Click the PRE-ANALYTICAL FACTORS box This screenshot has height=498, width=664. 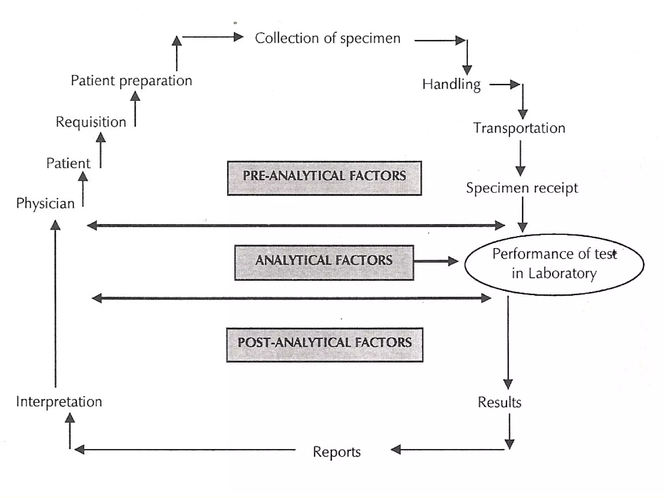[x=324, y=178]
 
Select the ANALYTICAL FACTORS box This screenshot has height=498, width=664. [x=324, y=262]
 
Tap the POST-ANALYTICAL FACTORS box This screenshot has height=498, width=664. [x=325, y=345]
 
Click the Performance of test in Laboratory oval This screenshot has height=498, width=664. [x=554, y=264]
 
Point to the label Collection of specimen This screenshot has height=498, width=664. [x=327, y=39]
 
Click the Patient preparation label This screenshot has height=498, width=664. [x=131, y=81]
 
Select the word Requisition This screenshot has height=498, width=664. [x=91, y=122]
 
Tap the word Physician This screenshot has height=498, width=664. [x=45, y=203]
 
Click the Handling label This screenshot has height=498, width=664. [x=451, y=85]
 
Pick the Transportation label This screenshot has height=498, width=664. [x=519, y=128]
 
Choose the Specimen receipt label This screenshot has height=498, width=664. [x=522, y=188]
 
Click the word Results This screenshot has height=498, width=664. [x=499, y=402]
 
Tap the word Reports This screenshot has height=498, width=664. [x=337, y=452]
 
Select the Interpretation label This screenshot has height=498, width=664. [x=59, y=402]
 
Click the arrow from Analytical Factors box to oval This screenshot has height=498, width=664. [x=436, y=261]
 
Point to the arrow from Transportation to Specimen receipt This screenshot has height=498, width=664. [x=520, y=158]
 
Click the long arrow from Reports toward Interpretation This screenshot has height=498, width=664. [x=185, y=450]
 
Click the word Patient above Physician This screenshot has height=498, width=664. [x=68, y=163]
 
